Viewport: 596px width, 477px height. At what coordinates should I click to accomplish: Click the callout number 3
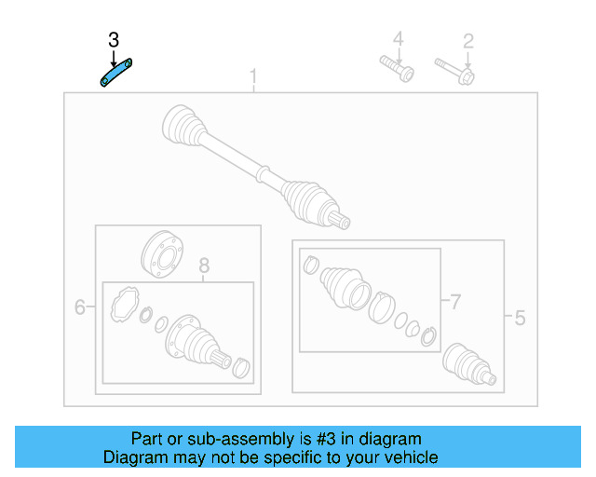pos(114,40)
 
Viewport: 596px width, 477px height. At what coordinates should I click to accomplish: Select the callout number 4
pos(398,39)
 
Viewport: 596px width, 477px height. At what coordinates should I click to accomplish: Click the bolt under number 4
pos(397,69)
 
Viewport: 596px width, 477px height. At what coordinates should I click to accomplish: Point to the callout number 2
pos(468,40)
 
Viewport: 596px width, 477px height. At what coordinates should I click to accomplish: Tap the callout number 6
pos(80,307)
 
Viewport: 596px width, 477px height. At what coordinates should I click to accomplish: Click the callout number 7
pos(455,301)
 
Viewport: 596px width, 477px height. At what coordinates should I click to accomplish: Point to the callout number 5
pos(519,319)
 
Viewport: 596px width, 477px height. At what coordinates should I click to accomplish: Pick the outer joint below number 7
pos(467,363)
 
